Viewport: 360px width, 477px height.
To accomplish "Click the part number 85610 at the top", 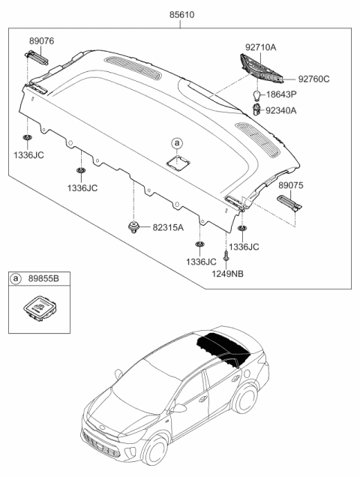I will [180, 14].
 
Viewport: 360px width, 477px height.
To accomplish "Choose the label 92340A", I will [301, 110].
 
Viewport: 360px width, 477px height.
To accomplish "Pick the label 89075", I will [292, 183].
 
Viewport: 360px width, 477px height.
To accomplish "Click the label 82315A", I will [167, 226].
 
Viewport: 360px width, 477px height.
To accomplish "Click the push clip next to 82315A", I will [134, 226].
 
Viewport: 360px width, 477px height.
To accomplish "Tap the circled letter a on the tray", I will [177, 142].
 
